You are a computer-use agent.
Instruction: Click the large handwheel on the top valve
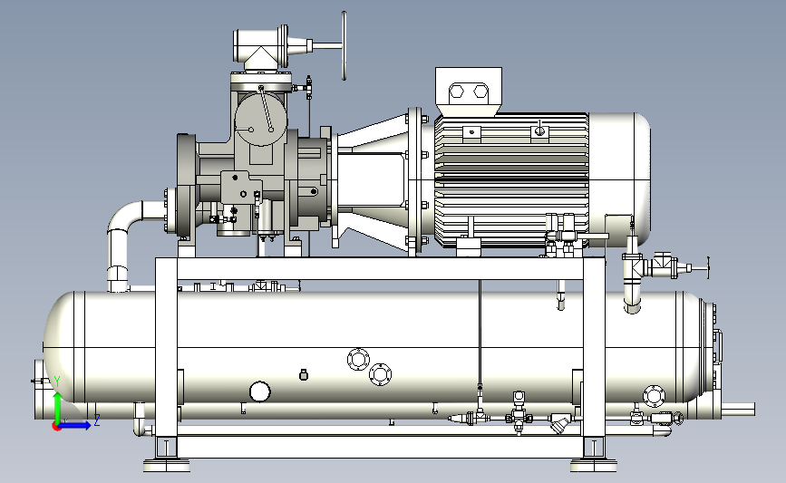point(344,45)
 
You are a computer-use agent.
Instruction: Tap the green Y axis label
point(57,382)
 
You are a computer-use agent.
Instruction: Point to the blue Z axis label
point(97,420)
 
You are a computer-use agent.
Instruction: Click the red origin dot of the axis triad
point(57,427)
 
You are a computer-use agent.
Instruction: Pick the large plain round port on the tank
point(259,391)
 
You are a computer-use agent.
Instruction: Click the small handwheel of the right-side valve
point(708,267)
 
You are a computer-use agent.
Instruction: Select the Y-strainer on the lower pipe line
point(558,422)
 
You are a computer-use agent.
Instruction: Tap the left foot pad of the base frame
point(167,465)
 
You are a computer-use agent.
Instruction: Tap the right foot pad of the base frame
point(594,465)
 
